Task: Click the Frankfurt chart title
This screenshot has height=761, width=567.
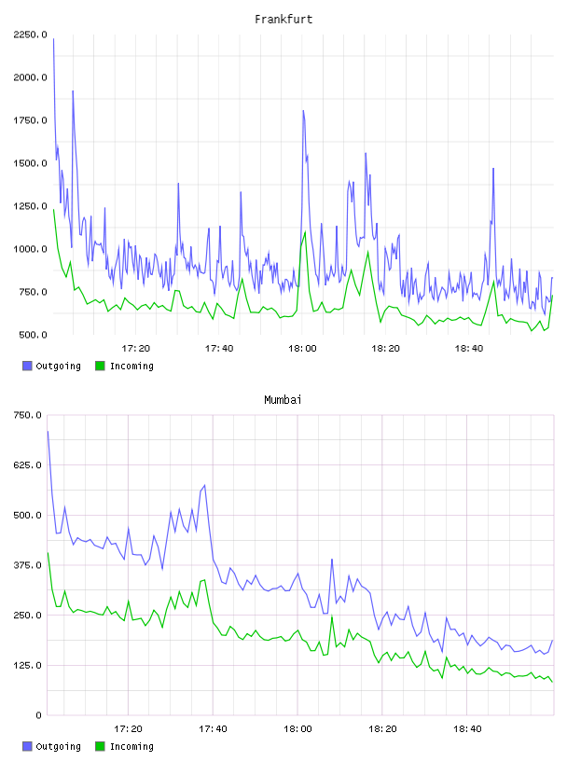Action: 283,19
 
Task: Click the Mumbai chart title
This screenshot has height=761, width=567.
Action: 283,399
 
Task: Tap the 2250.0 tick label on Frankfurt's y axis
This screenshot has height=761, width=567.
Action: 30,35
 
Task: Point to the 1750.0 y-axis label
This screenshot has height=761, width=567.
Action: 30,120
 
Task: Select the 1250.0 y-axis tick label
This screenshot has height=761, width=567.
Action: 30,206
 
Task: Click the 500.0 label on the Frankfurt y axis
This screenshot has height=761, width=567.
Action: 33,335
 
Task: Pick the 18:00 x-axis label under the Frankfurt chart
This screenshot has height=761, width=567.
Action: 302,348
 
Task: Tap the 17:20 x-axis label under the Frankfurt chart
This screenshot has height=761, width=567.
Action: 135,348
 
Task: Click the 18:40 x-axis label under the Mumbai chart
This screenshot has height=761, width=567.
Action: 467,728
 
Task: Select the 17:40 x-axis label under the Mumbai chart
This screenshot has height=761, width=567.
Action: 213,728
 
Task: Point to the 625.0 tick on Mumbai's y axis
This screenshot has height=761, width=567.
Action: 27,465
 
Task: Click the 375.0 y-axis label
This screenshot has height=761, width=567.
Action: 27,565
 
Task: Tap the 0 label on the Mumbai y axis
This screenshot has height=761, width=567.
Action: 38,715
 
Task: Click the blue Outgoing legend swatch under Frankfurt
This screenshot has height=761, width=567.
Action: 27,366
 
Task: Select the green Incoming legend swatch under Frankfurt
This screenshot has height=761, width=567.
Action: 100,366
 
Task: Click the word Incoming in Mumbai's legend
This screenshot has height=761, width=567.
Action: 131,746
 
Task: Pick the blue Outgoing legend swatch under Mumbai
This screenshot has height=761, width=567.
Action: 27,746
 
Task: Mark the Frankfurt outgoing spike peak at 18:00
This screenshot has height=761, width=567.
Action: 303,111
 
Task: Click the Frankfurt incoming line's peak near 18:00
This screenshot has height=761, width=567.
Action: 305,232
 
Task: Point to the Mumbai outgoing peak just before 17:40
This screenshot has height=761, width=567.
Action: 204,485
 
